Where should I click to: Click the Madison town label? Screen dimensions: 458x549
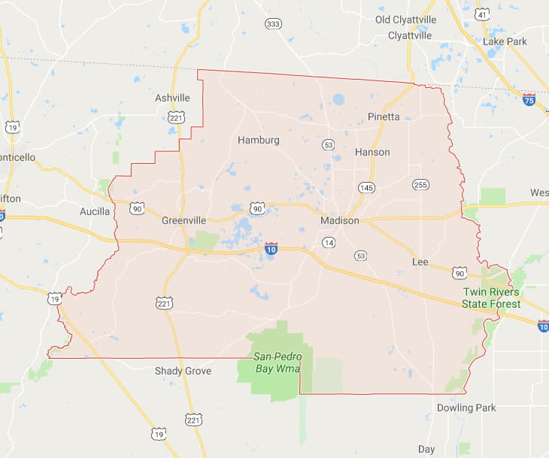340,220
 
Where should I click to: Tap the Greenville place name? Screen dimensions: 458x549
184,220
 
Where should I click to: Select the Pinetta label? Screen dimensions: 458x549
384,117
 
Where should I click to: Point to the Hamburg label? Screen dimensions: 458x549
258,140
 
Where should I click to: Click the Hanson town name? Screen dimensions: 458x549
372,152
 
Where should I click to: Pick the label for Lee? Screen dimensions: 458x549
420,262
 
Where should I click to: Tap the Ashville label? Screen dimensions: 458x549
172,98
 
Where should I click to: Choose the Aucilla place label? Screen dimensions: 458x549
95,211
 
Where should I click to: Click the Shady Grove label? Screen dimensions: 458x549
183,371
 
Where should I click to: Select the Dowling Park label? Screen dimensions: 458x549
466,408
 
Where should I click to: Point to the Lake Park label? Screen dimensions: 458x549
505,41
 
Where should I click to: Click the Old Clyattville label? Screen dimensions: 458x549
405,20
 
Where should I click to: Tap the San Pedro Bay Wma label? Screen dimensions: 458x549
277,362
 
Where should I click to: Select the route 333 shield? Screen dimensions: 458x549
274,24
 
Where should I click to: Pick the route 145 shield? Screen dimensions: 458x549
367,187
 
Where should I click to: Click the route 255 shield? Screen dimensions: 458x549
420,184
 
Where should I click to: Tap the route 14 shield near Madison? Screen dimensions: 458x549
329,242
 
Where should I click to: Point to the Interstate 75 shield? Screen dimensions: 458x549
530,99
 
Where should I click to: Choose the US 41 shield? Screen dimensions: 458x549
482,14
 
